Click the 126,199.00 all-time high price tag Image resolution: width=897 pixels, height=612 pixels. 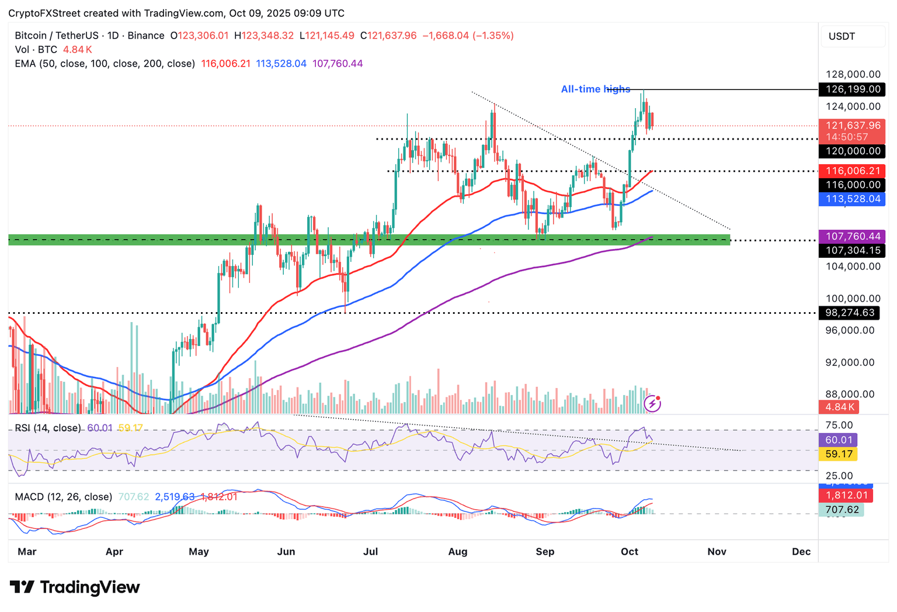(851, 89)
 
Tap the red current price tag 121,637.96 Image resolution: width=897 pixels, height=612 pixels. (851, 126)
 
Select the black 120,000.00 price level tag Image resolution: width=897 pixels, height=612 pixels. (851, 151)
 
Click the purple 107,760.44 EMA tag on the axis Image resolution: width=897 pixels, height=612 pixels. (851, 237)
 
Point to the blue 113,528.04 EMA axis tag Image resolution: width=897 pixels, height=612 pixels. (851, 199)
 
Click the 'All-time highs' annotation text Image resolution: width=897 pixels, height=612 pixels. (595, 89)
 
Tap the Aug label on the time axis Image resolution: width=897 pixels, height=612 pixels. (458, 552)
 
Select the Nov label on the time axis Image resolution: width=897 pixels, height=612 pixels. (717, 552)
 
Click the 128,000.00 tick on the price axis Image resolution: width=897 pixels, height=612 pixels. (853, 74)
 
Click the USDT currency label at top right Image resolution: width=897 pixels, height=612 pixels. (842, 36)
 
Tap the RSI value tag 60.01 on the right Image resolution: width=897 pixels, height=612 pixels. (839, 440)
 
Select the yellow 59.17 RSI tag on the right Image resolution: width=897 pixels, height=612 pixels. (839, 454)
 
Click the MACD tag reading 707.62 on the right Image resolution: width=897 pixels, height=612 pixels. (842, 510)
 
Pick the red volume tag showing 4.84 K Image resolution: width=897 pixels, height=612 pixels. (839, 407)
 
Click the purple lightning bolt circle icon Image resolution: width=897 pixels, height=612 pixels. (652, 403)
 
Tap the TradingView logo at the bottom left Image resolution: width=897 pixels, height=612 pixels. (75, 587)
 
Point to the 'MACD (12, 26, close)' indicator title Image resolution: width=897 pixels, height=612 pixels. (63, 497)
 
